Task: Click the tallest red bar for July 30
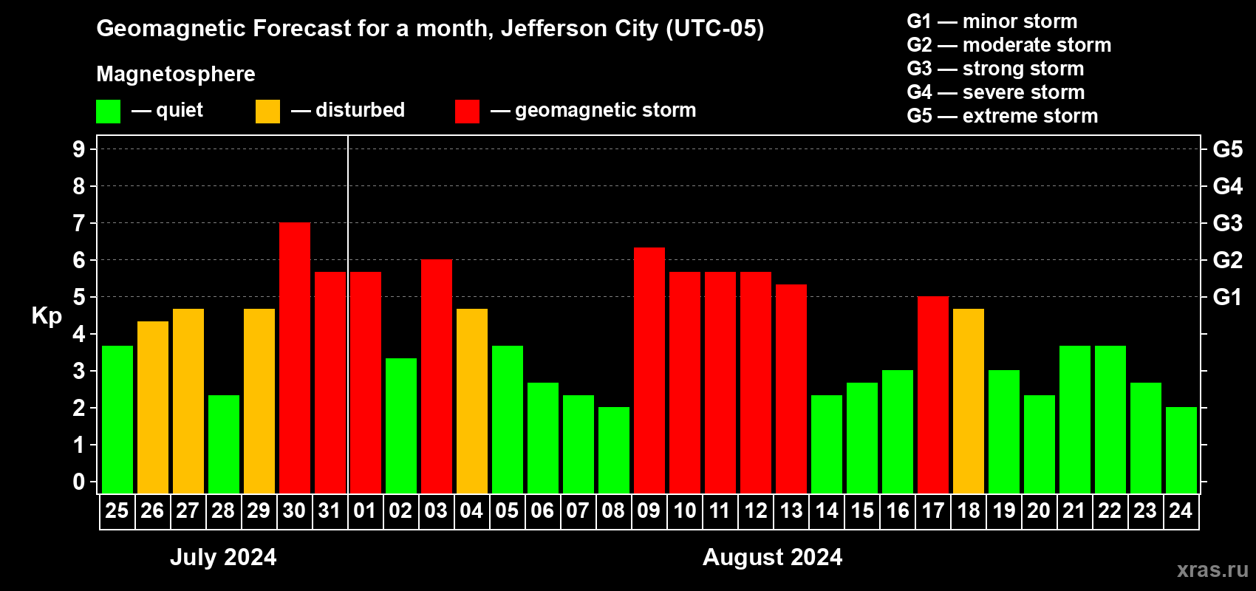(x=295, y=358)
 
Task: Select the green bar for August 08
(x=614, y=451)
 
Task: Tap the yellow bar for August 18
(x=969, y=401)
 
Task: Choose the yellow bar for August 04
(x=472, y=401)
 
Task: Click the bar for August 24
(x=1181, y=451)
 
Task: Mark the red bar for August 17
(x=933, y=395)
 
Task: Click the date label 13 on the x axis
(x=791, y=511)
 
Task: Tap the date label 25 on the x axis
(x=117, y=511)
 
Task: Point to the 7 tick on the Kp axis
(x=79, y=223)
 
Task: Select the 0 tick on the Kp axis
(x=79, y=482)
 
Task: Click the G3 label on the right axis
(x=1227, y=223)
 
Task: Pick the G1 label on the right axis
(x=1227, y=297)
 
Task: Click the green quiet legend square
(x=109, y=112)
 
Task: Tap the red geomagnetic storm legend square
(x=467, y=112)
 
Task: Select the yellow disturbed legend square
(x=267, y=112)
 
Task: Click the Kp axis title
(x=47, y=316)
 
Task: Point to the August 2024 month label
(x=772, y=557)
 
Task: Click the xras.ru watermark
(x=1212, y=570)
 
